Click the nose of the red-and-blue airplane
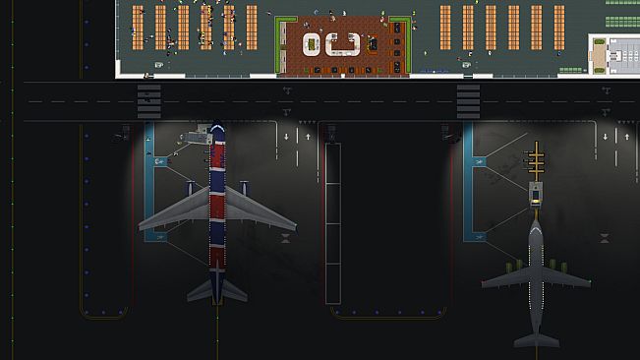click(x=218, y=130)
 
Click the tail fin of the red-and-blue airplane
click(x=217, y=287)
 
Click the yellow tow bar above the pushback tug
click(x=536, y=159)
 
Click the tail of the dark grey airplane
click(x=536, y=337)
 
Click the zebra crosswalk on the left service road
click(x=149, y=98)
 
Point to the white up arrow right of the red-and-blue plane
click(x=308, y=135)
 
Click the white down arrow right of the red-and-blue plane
click(x=287, y=135)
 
